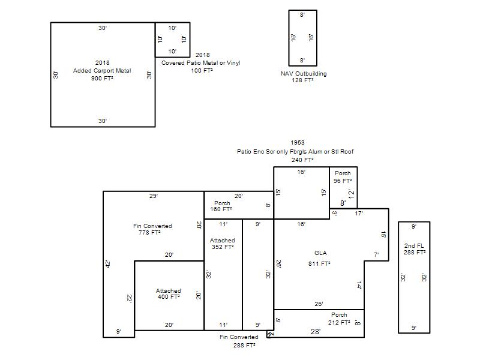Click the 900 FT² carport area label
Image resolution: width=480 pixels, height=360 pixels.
pyautogui.click(x=102, y=79)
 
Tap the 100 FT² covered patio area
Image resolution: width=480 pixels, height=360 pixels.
pyautogui.click(x=202, y=70)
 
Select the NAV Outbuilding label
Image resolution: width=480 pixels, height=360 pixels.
pyautogui.click(x=304, y=73)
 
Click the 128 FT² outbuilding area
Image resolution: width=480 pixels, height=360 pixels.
pyautogui.click(x=302, y=80)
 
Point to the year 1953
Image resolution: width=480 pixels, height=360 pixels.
pyautogui.click(x=298, y=142)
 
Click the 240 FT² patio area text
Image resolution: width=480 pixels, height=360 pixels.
pyautogui.click(x=302, y=160)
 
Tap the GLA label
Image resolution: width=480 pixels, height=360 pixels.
pyautogui.click(x=320, y=253)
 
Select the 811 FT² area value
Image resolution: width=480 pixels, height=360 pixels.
pyautogui.click(x=319, y=263)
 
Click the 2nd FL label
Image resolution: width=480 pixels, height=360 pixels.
pyautogui.click(x=414, y=245)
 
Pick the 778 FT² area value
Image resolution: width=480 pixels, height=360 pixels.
pyautogui.click(x=149, y=233)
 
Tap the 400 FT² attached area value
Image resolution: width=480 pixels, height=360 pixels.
pyautogui.click(x=169, y=296)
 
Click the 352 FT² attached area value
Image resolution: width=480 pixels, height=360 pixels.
pyautogui.click(x=223, y=247)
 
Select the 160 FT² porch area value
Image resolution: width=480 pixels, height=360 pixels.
pyautogui.click(x=221, y=209)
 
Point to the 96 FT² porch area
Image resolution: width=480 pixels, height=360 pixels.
pyautogui.click(x=343, y=181)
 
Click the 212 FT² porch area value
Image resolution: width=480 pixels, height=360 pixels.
pyautogui.click(x=339, y=322)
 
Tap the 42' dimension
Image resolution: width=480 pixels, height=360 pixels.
pyautogui.click(x=108, y=264)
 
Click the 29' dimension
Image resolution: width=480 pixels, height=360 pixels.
pyautogui.click(x=154, y=196)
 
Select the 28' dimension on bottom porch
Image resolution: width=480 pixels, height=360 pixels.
pyautogui.click(x=316, y=332)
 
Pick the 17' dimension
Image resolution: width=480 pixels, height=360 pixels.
pyautogui.click(x=359, y=214)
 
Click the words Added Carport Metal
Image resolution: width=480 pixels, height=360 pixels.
pyautogui.click(x=102, y=70)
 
